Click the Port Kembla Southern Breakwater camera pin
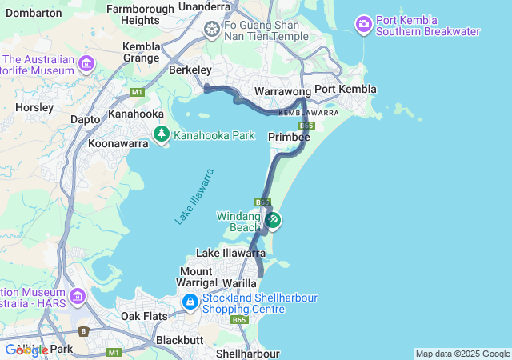(x=364, y=25)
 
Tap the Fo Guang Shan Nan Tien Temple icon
(x=212, y=30)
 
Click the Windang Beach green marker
(x=273, y=220)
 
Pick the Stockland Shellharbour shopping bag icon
(x=190, y=302)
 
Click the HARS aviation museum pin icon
(x=78, y=297)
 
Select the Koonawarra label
(x=118, y=144)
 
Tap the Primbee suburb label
(x=289, y=138)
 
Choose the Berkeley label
(x=190, y=70)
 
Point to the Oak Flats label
(x=144, y=316)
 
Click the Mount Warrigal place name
(x=196, y=277)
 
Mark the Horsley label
(x=34, y=106)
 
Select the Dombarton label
(x=33, y=13)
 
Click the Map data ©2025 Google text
(x=462, y=354)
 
